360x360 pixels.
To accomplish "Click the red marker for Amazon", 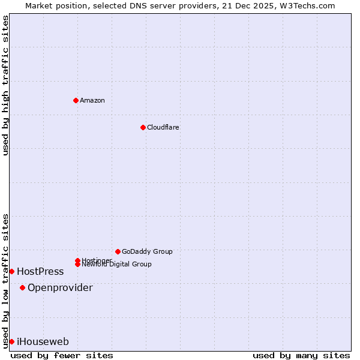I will click(76, 100).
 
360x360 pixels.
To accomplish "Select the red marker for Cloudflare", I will click(143, 127).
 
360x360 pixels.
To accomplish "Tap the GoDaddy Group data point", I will click(118, 251).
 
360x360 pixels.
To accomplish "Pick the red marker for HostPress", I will click(11, 271).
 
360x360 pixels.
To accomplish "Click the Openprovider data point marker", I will click(22, 287).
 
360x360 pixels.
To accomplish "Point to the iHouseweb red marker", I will click(11, 341).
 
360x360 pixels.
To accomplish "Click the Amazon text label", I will click(92, 100).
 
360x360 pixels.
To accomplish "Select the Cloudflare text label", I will click(163, 127).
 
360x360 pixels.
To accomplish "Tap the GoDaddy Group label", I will click(147, 251).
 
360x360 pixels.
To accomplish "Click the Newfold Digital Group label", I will click(116, 264).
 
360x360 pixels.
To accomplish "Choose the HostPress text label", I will click(40, 271).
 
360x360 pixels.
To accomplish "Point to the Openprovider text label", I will click(60, 287).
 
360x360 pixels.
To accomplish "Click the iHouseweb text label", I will click(43, 341).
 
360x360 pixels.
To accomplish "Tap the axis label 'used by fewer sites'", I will click(62, 355).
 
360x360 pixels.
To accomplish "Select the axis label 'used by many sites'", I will click(301, 355).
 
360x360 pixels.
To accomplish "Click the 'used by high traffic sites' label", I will click(5, 85).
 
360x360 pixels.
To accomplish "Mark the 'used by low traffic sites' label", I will click(5, 280).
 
